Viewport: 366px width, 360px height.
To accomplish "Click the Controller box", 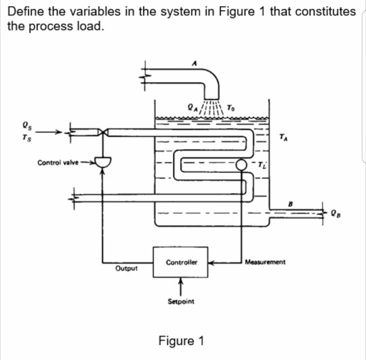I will pyautogui.click(x=180, y=261).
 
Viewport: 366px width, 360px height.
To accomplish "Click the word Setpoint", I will pyautogui.click(x=180, y=299).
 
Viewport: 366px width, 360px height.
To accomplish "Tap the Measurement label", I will pyautogui.click(x=265, y=261).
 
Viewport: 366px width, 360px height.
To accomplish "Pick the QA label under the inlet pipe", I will pyautogui.click(x=191, y=106).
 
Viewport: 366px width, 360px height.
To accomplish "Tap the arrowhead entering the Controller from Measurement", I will pyautogui.click(x=211, y=261).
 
